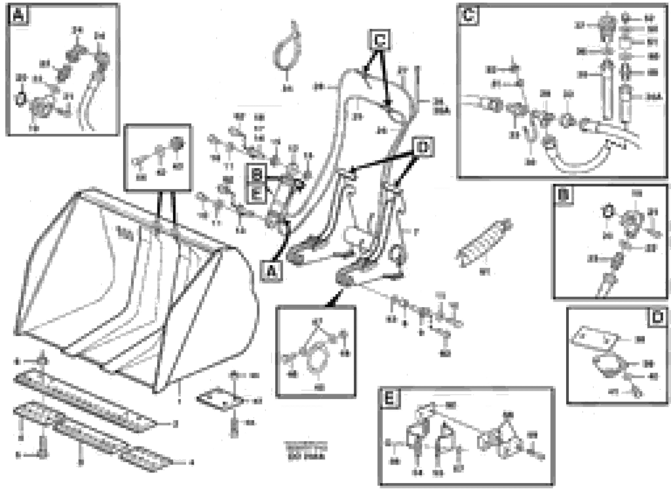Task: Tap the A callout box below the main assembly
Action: click(x=271, y=271)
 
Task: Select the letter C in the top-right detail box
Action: click(x=469, y=15)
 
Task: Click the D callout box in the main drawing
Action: click(x=423, y=147)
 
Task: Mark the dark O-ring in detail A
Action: click(x=20, y=100)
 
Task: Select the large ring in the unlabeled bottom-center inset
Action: click(x=318, y=361)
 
